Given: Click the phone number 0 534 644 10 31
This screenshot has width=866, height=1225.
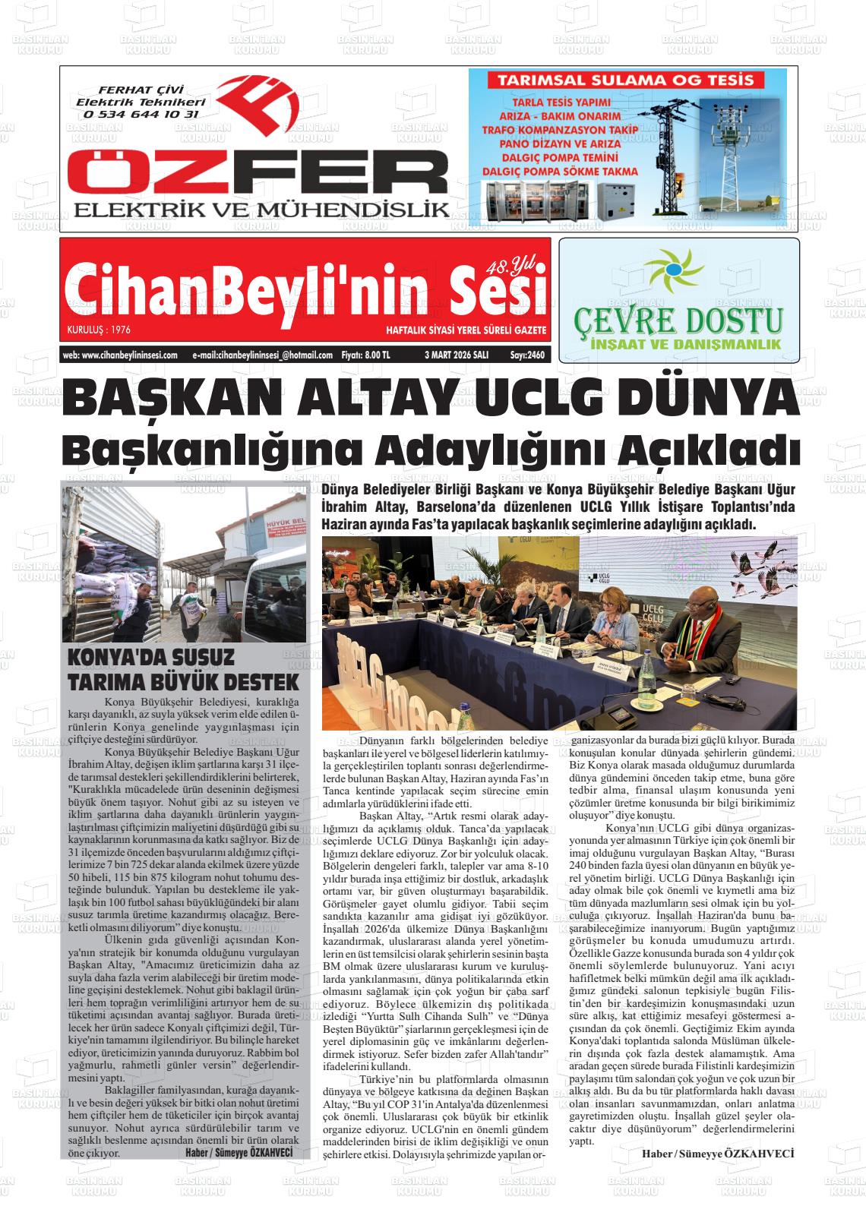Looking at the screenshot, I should coord(141,114).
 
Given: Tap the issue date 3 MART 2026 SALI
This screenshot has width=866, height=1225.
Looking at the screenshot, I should coord(456,355).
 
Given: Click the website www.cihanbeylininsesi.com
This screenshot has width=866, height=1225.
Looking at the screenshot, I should coord(121,355).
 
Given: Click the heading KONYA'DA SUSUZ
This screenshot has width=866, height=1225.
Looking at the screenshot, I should coord(151,657).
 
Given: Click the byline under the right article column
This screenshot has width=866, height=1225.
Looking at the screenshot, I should coord(717,1153).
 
